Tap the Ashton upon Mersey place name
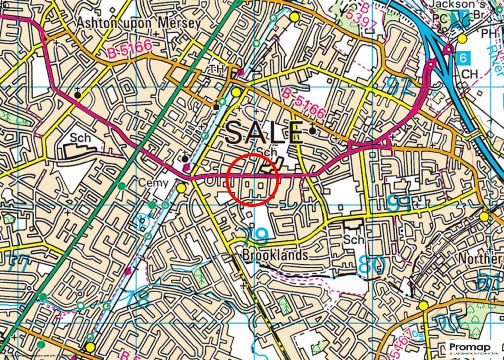[139, 23]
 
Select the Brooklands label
[275, 256]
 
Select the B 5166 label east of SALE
[304, 103]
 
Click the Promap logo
[472, 349]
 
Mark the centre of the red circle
[253, 179]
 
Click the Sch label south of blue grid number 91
[354, 239]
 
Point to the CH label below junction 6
[471, 74]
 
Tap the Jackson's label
[449, 4]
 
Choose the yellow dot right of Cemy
[181, 188]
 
